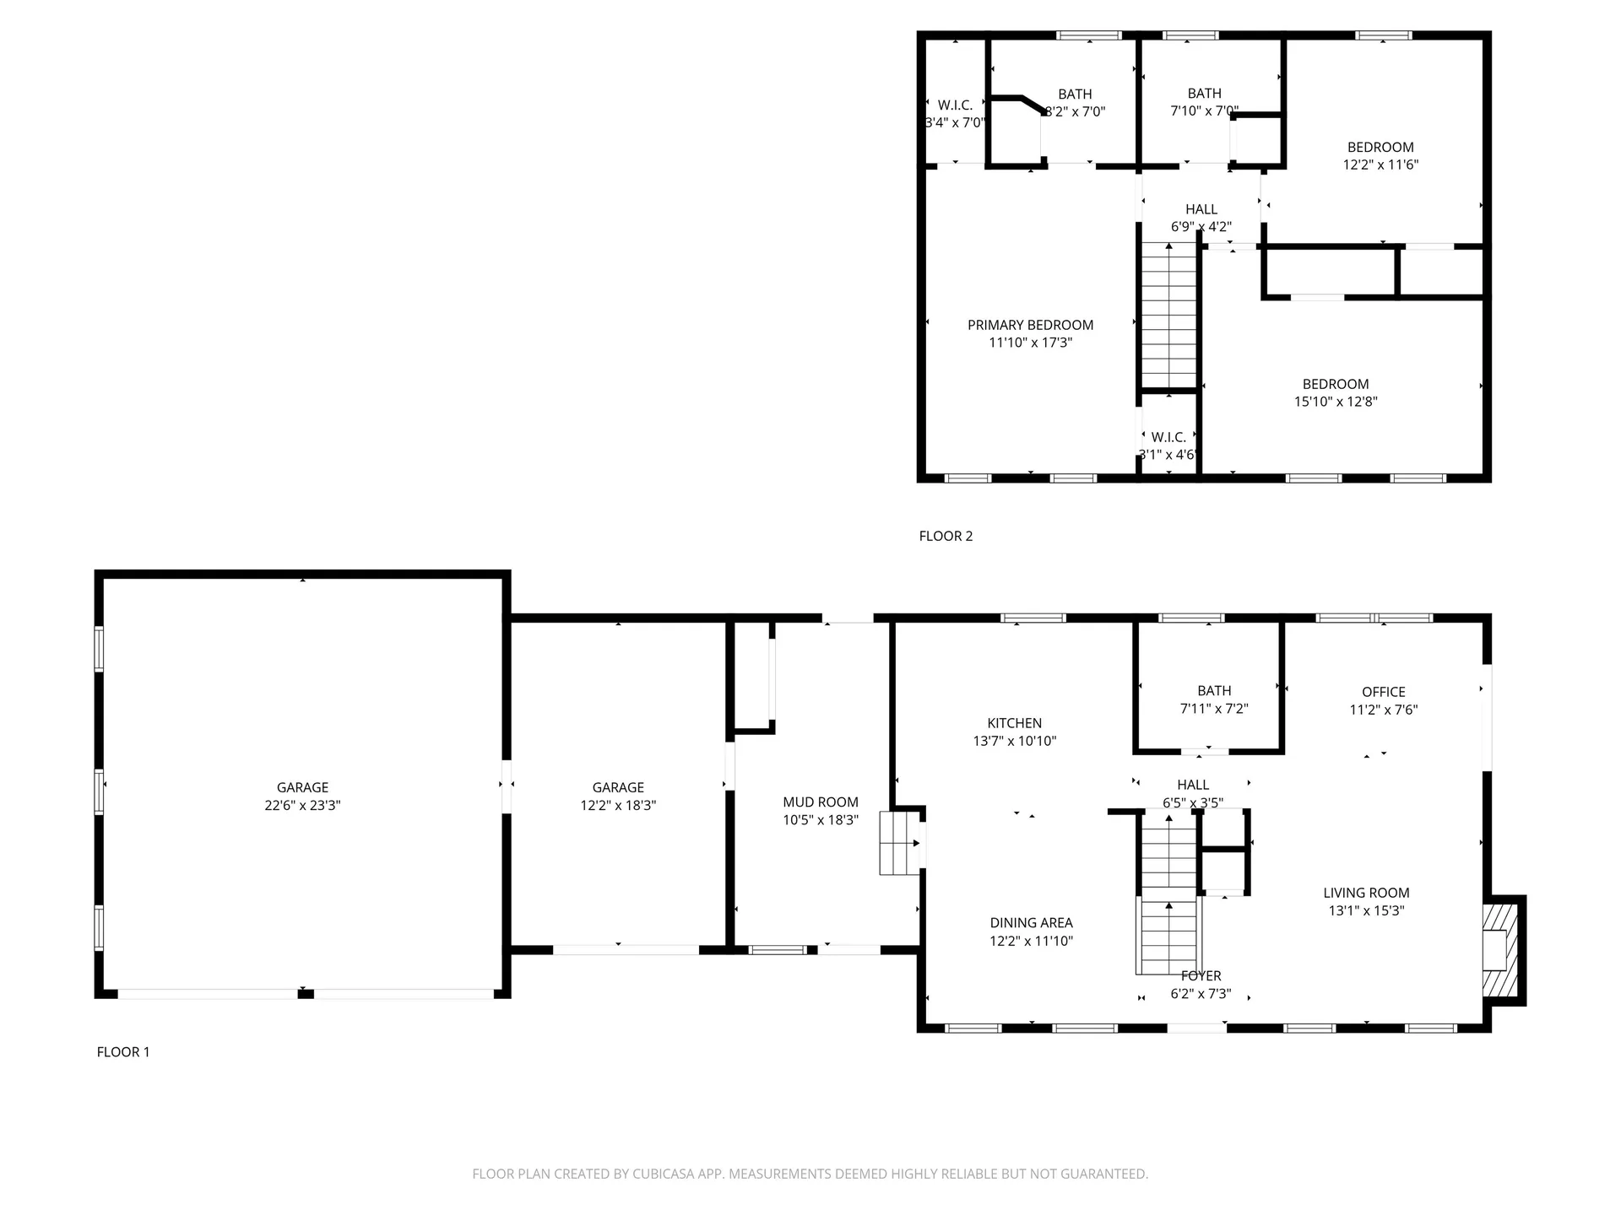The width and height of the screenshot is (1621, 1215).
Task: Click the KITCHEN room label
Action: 1014,723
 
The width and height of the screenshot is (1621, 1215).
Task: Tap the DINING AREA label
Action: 1031,923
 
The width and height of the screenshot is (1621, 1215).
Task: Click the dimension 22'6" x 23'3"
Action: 302,806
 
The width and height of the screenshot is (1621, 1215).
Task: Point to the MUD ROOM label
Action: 820,802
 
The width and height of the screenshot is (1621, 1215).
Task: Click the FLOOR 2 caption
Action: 946,536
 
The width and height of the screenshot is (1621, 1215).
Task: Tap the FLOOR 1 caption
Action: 123,1052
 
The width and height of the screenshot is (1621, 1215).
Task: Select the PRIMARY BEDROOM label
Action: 1030,325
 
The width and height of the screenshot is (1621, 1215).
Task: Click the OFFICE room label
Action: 1383,692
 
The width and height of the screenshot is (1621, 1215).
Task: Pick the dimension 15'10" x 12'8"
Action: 1336,402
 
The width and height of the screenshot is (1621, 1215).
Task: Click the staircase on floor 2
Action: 1168,316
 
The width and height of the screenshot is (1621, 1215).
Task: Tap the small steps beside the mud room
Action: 898,843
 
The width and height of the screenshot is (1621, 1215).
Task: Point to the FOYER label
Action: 1201,976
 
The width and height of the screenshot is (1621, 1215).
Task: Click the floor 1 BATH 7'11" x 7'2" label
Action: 1213,691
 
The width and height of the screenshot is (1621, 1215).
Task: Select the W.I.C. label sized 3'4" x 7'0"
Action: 955,105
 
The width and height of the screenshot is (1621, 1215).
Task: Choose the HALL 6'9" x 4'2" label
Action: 1201,209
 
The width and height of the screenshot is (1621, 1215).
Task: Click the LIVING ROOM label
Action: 1365,893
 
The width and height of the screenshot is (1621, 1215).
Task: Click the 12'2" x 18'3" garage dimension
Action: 618,806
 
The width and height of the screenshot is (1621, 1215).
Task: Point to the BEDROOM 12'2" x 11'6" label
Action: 1380,147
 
